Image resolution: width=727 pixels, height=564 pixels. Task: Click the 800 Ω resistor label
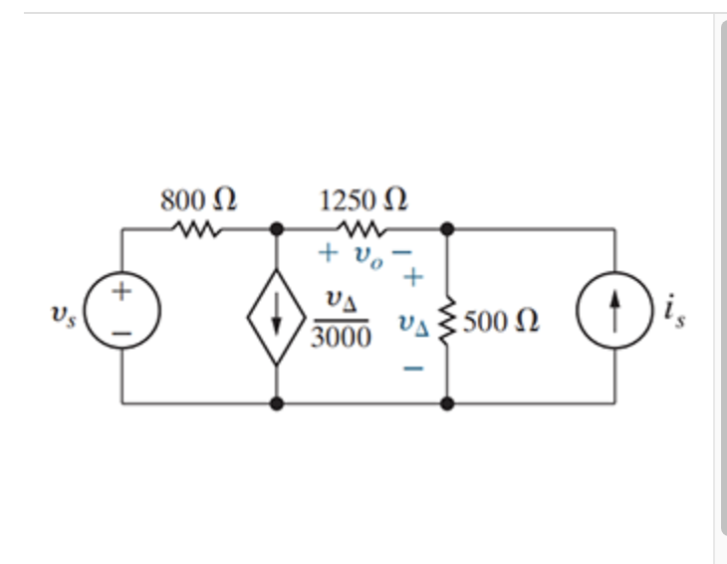pos(198,199)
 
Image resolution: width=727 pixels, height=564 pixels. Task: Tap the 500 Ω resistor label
pos(502,321)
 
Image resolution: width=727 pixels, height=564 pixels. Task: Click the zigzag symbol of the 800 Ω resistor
pos(196,229)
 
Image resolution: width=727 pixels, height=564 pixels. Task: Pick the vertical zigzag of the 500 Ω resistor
pos(447,317)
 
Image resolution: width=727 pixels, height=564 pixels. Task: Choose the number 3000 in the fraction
pos(342,339)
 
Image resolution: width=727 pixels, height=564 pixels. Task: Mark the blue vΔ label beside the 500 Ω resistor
pos(413,322)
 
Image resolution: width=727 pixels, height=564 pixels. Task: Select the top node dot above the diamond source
pos(277,229)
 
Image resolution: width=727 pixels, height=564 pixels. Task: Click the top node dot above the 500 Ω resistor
pos(447,229)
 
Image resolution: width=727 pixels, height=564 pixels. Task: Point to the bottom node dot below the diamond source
pos(277,404)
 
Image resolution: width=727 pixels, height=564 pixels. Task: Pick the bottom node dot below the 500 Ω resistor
pos(447,404)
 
